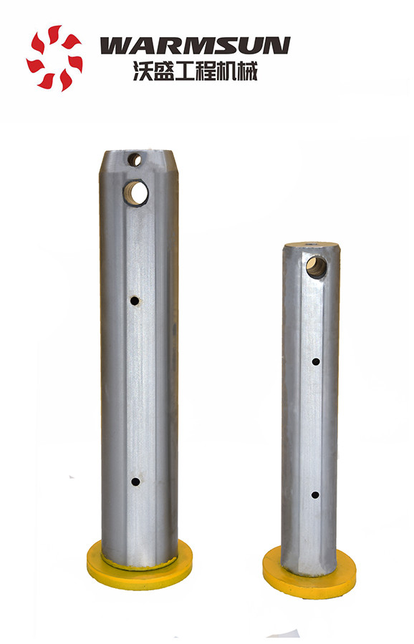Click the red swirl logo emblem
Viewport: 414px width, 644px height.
[x=54, y=58]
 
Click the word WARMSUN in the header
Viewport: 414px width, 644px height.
[x=195, y=46]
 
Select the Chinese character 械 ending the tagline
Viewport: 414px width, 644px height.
[x=248, y=71]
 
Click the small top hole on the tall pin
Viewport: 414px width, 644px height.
[x=135, y=160]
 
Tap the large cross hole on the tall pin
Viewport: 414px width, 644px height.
[x=137, y=192]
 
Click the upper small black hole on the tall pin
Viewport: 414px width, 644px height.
[x=135, y=301]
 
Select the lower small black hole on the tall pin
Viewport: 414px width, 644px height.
[x=135, y=482]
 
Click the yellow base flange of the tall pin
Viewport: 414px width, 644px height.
[x=140, y=567]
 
